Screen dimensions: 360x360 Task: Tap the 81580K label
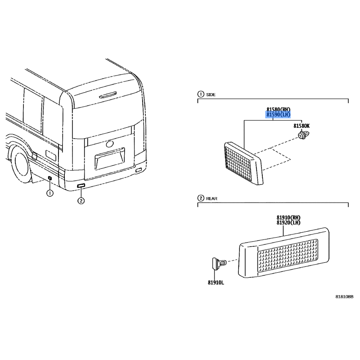[301, 126]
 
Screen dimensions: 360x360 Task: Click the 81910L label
[216, 283]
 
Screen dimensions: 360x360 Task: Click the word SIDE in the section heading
[211, 94]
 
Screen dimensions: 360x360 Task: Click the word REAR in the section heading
[211, 198]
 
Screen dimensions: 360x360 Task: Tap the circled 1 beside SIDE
[200, 94]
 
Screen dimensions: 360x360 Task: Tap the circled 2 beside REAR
[200, 198]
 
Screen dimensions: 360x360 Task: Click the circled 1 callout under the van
[49, 193]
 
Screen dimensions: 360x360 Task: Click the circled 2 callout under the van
[81, 201]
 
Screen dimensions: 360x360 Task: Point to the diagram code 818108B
[344, 297]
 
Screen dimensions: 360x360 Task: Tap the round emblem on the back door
[109, 144]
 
